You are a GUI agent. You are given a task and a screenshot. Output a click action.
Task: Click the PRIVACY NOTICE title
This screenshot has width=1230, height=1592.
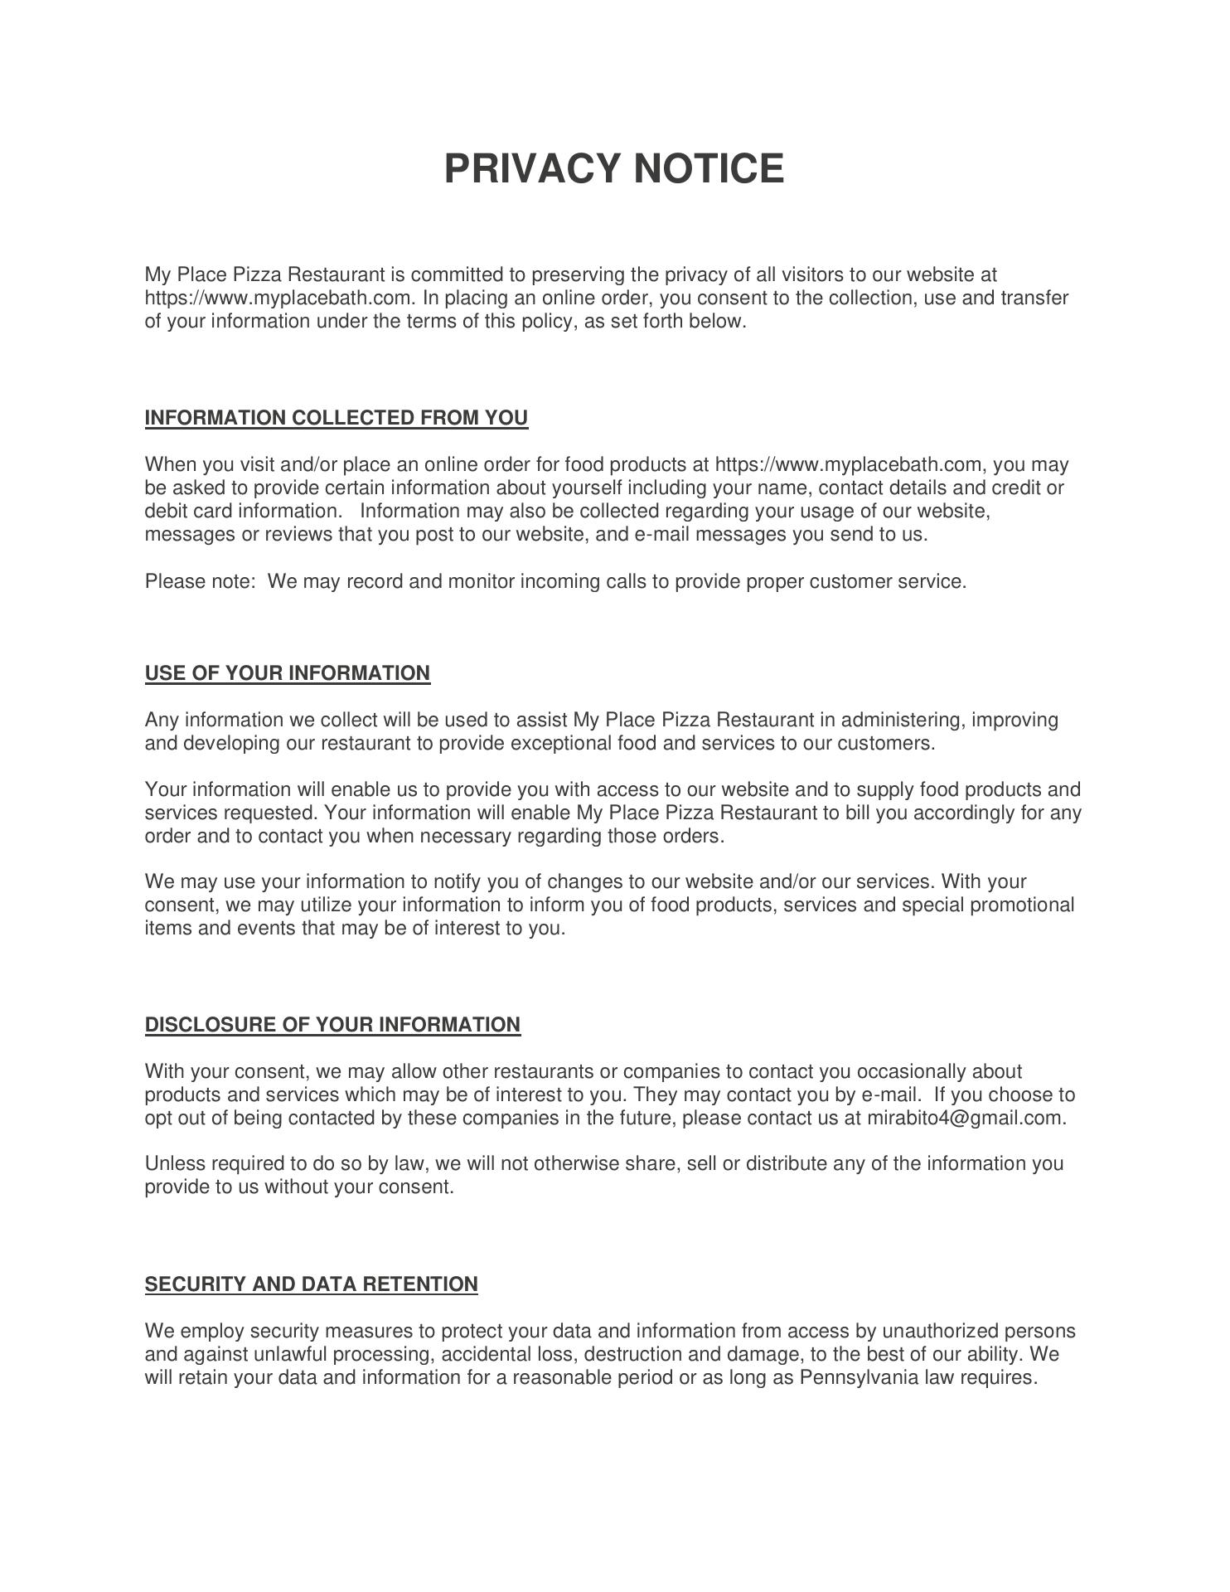tap(613, 168)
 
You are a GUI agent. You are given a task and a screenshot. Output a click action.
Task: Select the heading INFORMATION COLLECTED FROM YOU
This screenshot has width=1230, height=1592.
tap(336, 418)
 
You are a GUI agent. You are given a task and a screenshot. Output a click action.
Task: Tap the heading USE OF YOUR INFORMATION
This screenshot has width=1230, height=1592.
tap(288, 673)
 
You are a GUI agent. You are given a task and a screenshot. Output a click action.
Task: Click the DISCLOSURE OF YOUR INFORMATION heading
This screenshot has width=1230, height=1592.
tap(332, 1025)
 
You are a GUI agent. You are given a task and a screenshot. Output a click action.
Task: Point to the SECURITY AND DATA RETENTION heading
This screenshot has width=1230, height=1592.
tap(311, 1284)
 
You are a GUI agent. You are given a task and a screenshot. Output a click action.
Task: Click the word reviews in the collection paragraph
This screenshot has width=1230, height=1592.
tap(298, 534)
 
